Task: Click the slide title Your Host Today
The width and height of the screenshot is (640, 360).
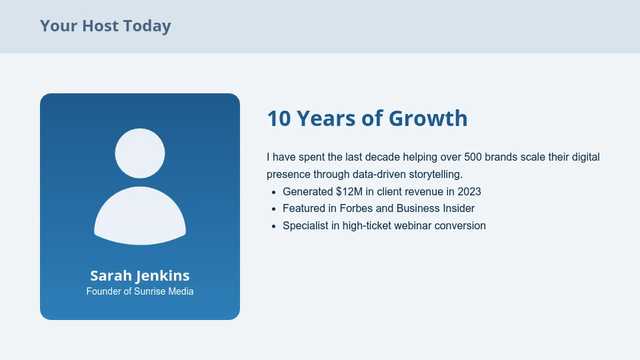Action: point(105,26)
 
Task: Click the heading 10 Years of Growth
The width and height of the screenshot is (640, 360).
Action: point(367,118)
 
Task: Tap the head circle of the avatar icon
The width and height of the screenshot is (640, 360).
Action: point(140,153)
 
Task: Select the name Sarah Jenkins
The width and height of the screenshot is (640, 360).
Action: point(140,275)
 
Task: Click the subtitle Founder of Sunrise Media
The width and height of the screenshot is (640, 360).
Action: point(140,291)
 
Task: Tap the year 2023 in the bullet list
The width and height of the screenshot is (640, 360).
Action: point(469,191)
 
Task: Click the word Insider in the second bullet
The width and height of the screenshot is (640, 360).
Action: point(459,209)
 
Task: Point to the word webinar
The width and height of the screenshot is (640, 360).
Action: point(413,226)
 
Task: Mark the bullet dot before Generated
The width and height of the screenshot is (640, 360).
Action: point(274,192)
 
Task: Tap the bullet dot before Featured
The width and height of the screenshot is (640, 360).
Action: point(274,209)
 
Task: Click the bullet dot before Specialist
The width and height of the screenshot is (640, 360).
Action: point(274,227)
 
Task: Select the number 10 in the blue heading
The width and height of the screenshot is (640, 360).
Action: point(279,118)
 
